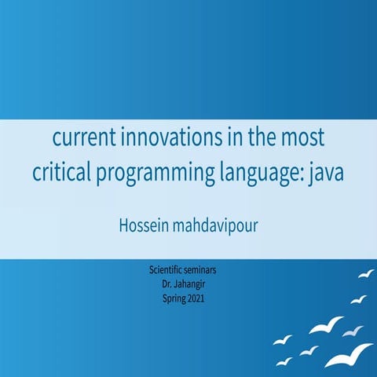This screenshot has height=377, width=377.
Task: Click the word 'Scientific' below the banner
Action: (x=167, y=270)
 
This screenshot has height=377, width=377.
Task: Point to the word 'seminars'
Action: (x=207, y=270)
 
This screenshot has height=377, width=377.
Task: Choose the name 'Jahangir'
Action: (x=196, y=284)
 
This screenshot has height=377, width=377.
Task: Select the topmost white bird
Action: (x=366, y=273)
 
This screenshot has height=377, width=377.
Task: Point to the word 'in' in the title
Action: (x=224, y=139)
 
